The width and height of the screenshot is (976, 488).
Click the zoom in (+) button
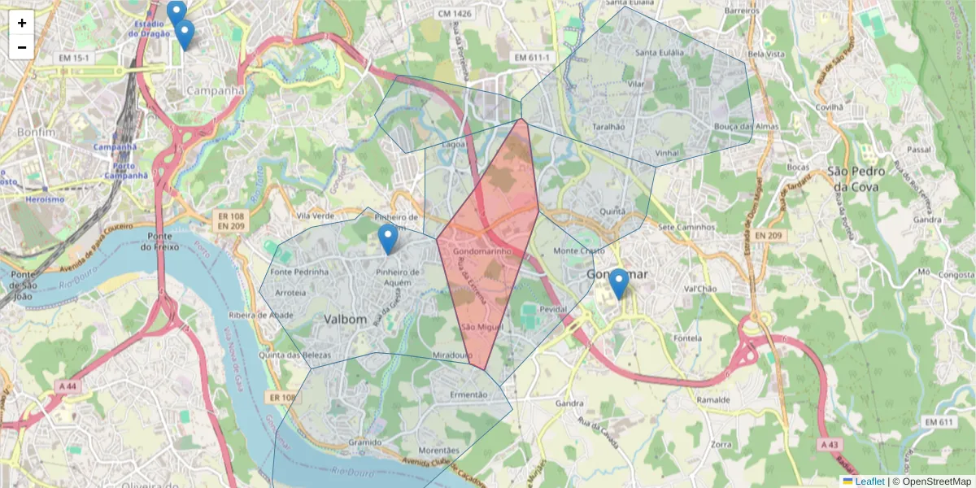click(x=22, y=23)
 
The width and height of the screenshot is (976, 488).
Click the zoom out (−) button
click(x=22, y=47)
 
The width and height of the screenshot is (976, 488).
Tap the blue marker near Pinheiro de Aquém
click(x=389, y=239)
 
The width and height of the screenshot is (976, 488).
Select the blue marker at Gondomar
click(x=619, y=284)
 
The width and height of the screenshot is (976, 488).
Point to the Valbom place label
click(x=346, y=319)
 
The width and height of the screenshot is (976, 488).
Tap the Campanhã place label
click(x=216, y=91)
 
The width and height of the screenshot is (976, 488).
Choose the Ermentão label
click(x=468, y=394)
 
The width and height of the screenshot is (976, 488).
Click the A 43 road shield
click(x=830, y=445)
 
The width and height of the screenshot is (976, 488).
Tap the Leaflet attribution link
click(x=869, y=481)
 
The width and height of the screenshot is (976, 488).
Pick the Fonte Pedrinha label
click(x=299, y=272)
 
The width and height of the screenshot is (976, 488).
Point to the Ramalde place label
click(x=712, y=400)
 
